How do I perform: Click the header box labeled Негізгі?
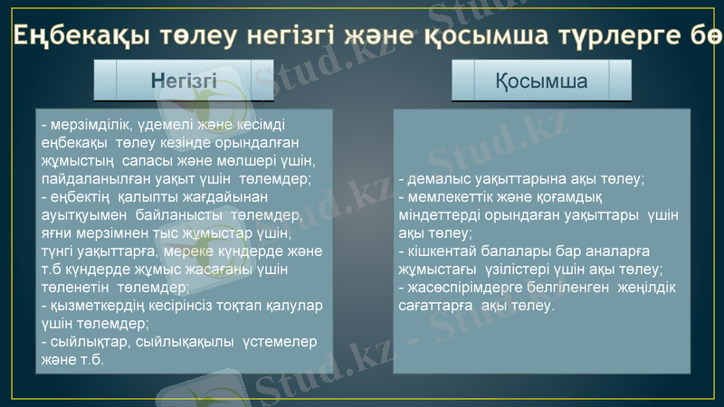pos(184,80)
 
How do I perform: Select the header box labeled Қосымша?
pos(541,80)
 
